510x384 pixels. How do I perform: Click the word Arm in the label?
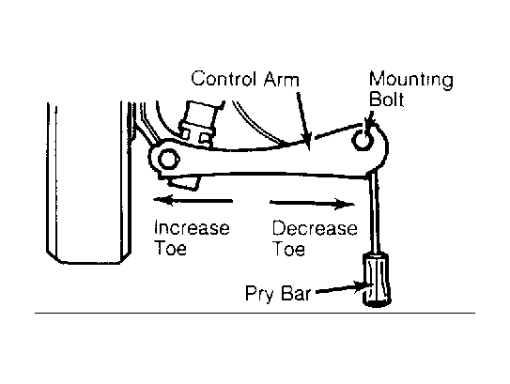[282, 80]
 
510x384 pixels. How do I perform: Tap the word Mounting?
[411, 81]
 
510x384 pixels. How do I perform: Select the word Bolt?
[387, 100]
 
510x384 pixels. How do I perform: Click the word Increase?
[192, 227]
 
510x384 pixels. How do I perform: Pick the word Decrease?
[315, 228]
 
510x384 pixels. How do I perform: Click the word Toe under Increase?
[170, 248]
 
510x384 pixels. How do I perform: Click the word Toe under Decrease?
[289, 249]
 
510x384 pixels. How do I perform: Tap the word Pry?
[259, 294]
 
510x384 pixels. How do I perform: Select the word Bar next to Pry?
[296, 293]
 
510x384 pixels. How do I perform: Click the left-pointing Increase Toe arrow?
[193, 200]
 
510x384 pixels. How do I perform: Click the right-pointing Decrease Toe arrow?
[312, 204]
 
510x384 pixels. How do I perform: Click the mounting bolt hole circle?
[362, 140]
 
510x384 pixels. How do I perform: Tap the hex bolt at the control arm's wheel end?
[168, 159]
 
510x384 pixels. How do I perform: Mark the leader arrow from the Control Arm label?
[303, 121]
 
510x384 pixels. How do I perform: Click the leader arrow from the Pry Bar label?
[343, 288]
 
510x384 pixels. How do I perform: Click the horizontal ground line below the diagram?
[255, 314]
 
